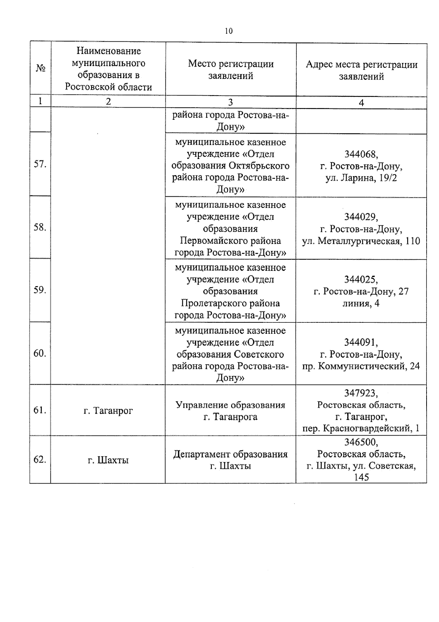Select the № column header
tap(41, 69)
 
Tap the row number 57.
tap(40, 164)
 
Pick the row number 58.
tap(40, 227)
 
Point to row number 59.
tap(40, 290)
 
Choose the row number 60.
tap(40, 353)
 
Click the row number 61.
tap(40, 410)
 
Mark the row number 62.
tap(40, 459)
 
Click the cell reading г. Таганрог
tap(108, 411)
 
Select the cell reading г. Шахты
tap(108, 460)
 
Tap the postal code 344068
tap(361, 154)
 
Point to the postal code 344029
tap(361, 217)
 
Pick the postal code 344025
tap(361, 280)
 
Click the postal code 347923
tap(361, 393)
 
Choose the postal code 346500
tap(361, 442)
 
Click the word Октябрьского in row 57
tap(259, 166)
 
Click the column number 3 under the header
tap(230, 102)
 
